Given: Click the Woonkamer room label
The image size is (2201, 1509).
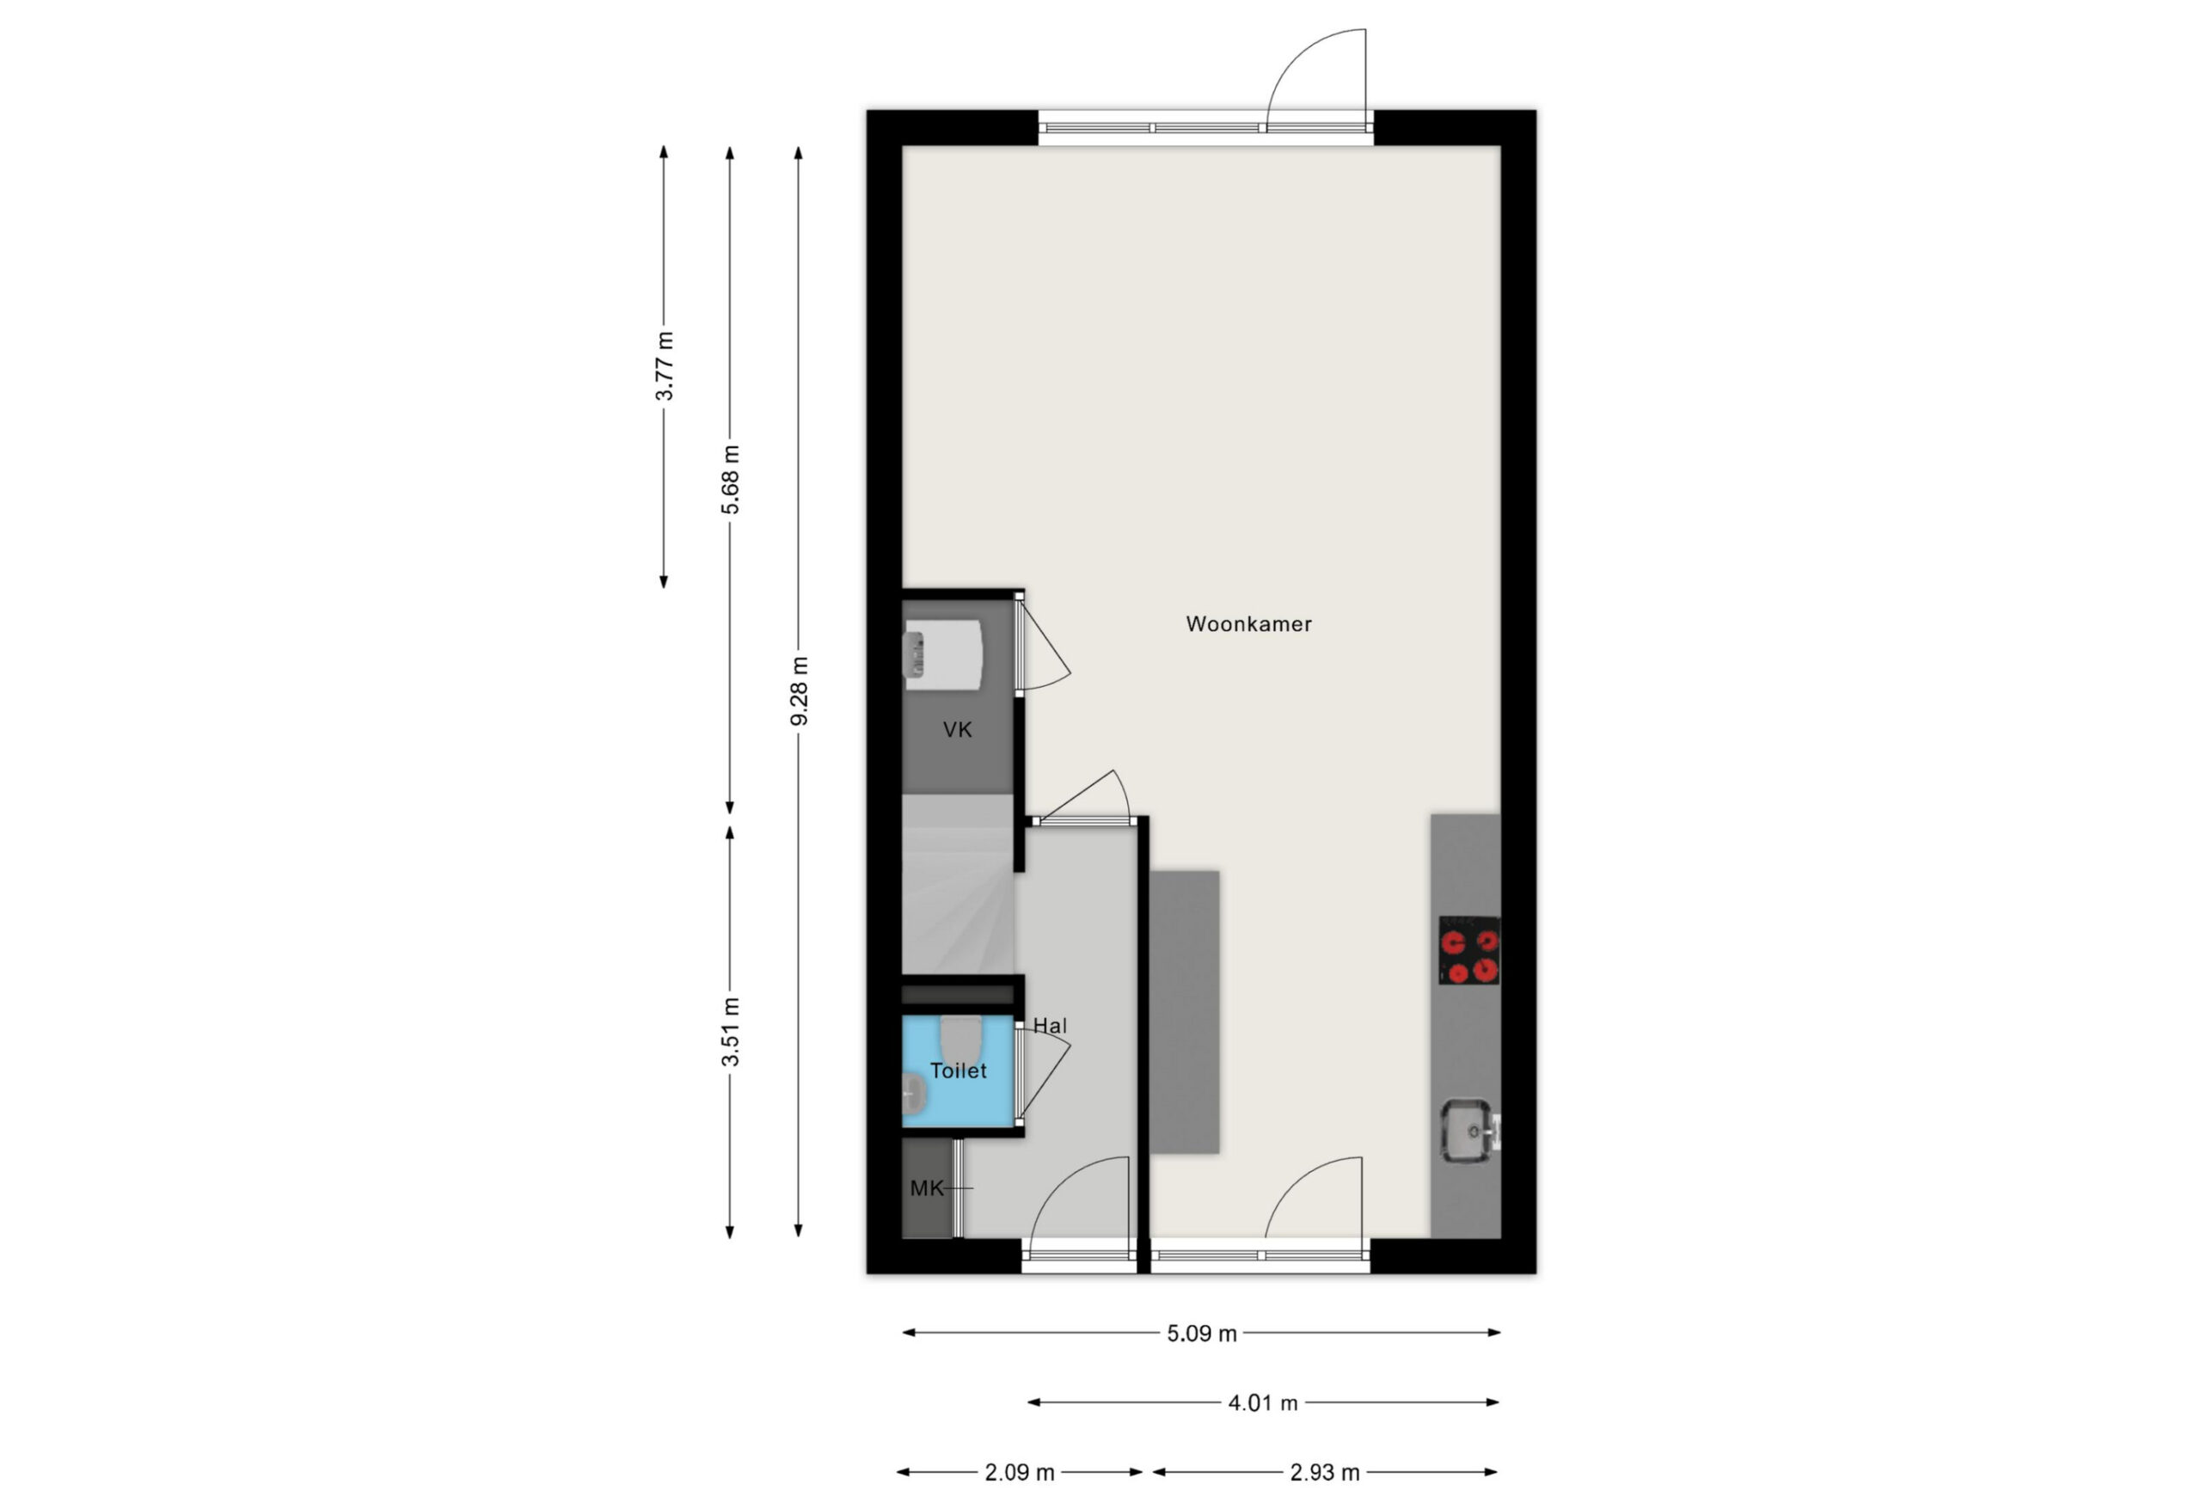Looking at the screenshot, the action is pyautogui.click(x=1248, y=624).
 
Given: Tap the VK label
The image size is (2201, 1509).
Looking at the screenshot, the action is pyautogui.click(x=958, y=729).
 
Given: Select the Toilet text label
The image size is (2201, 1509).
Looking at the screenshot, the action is pyautogui.click(x=959, y=1070).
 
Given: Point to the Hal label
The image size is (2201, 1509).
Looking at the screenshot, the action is pyautogui.click(x=1051, y=1025).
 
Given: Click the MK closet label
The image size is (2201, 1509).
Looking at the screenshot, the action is pyautogui.click(x=927, y=1188).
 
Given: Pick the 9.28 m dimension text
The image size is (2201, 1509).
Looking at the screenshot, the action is pyautogui.click(x=800, y=690).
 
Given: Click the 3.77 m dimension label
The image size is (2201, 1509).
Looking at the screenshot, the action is pyautogui.click(x=665, y=365).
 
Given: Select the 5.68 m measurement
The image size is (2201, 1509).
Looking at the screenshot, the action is pyautogui.click(x=730, y=479).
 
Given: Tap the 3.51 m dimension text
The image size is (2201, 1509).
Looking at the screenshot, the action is pyautogui.click(x=730, y=1032).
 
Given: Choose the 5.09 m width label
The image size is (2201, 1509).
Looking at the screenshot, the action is pyautogui.click(x=1202, y=1334).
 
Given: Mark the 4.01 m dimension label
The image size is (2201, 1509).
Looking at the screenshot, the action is pyautogui.click(x=1262, y=1403).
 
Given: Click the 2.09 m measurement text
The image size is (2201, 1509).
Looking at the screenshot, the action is pyautogui.click(x=1019, y=1473).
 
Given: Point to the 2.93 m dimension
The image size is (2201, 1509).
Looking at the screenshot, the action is pyautogui.click(x=1325, y=1473).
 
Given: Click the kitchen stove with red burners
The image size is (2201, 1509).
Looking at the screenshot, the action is pyautogui.click(x=1469, y=950).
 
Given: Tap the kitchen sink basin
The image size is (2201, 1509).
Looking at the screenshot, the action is pyautogui.click(x=1467, y=1130).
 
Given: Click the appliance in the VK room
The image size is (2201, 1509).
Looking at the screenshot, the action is pyautogui.click(x=943, y=653).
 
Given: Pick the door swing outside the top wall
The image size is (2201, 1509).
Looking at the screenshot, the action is pyautogui.click(x=1316, y=77).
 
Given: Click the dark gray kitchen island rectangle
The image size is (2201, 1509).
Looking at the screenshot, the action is pyautogui.click(x=1184, y=1013).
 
